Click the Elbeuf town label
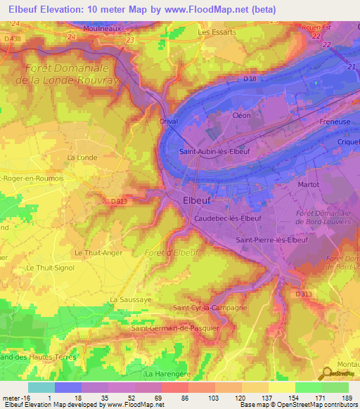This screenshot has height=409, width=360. pyautogui.click(x=197, y=200)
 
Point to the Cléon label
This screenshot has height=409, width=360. pyautogui.click(x=241, y=115)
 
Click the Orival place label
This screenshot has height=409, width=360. pyautogui.click(x=169, y=121)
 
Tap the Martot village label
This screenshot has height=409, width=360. pyautogui.click(x=309, y=184)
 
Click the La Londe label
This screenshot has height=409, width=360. pyautogui.click(x=81, y=157)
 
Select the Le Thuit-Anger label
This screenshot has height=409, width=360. pyautogui.click(x=98, y=252)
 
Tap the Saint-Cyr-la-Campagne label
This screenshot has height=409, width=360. pyautogui.click(x=210, y=308)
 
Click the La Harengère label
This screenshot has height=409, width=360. pyautogui.click(x=169, y=373)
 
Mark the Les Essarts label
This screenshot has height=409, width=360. pyautogui.click(x=217, y=32)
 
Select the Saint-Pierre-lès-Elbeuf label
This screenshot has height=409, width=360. pyautogui.click(x=272, y=240)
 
